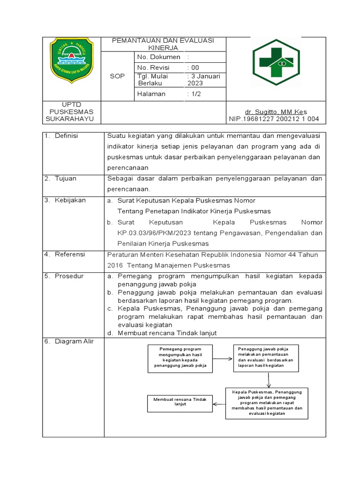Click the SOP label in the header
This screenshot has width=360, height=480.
click(x=117, y=76)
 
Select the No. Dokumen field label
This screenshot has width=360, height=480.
click(x=158, y=57)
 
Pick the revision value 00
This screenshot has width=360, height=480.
click(x=193, y=67)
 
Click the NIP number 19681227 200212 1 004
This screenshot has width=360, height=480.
click(x=274, y=119)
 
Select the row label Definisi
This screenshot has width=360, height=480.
click(x=67, y=136)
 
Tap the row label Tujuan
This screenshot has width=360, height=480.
click(x=66, y=179)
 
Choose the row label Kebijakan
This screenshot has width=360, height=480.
click(x=70, y=200)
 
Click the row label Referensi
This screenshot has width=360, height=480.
click(x=70, y=255)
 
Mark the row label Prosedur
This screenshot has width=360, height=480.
click(x=69, y=276)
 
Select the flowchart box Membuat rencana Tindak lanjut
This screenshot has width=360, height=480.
click(x=177, y=401)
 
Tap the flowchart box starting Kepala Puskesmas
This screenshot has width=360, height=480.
click(x=266, y=402)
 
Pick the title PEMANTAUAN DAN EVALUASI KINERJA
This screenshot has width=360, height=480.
click(x=163, y=44)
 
